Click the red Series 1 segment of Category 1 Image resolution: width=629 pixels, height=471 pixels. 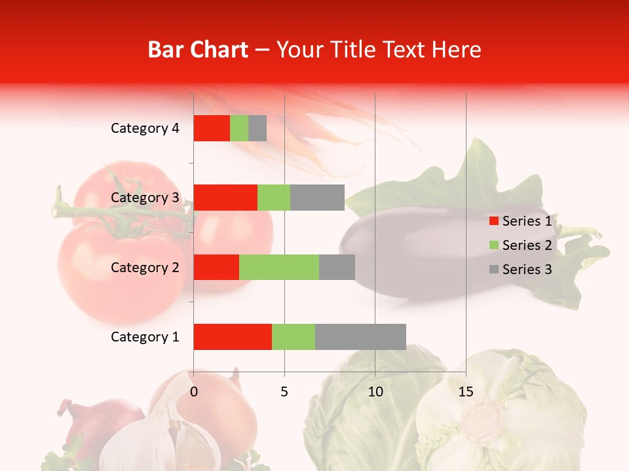click(x=233, y=337)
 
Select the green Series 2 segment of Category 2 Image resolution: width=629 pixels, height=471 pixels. click(x=279, y=267)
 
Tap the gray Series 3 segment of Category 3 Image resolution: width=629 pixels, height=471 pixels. click(x=317, y=198)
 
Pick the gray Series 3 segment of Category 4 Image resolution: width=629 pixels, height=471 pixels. click(x=257, y=128)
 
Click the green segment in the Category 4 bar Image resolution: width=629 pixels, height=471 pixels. click(x=239, y=128)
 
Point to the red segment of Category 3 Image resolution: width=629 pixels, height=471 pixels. click(x=225, y=198)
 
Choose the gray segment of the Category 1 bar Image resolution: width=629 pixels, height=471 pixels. click(x=360, y=337)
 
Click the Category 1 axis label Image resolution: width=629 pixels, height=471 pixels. click(x=145, y=337)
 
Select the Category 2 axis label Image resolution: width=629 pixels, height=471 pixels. click(x=145, y=267)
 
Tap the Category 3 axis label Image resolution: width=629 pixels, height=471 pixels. click(x=145, y=198)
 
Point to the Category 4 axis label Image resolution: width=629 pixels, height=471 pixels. click(x=145, y=128)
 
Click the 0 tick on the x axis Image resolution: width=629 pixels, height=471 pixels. click(x=194, y=392)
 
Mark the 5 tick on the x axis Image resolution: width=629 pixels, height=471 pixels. click(x=284, y=392)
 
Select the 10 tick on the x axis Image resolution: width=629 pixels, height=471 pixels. click(x=375, y=392)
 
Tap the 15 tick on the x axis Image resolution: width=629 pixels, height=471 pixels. click(x=466, y=392)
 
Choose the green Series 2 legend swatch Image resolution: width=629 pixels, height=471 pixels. click(x=493, y=245)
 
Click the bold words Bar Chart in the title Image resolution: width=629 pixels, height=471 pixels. click(x=198, y=50)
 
